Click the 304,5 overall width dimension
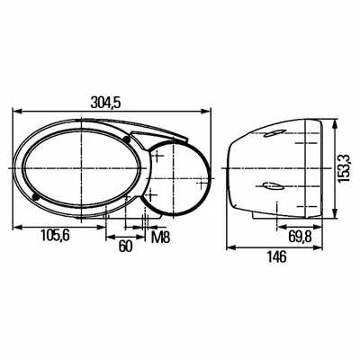pyautogui.click(x=105, y=103)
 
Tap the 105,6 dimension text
pyautogui.click(x=56, y=235)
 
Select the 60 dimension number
pyautogui.click(x=125, y=247)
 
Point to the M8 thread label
pyautogui.click(x=160, y=238)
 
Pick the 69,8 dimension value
pyautogui.click(x=301, y=238)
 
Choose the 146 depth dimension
pyautogui.click(x=276, y=257)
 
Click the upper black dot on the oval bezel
pyautogui.click(x=127, y=139)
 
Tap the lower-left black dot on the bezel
pyautogui.click(x=36, y=196)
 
